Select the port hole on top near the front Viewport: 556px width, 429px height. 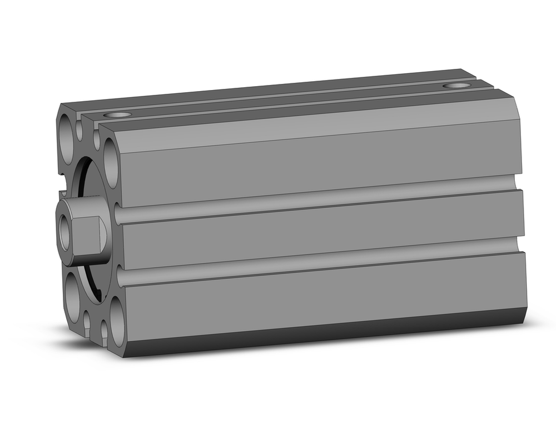[x=118, y=115]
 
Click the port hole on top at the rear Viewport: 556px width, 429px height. [x=457, y=86]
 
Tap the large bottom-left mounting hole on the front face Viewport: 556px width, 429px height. [x=72, y=298]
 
